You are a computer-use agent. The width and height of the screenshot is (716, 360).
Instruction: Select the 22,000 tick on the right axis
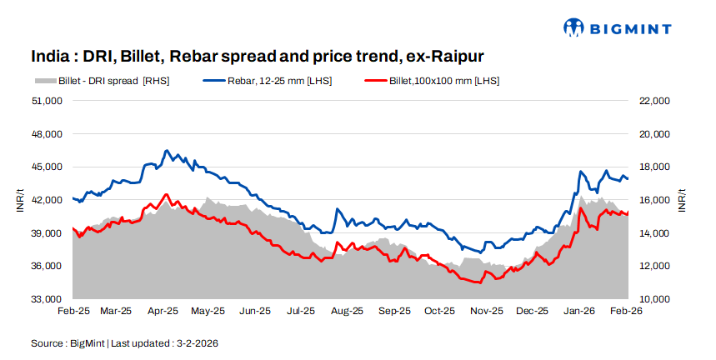pyautogui.click(x=654, y=101)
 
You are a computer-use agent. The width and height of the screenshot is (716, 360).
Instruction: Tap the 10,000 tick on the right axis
pyautogui.click(x=654, y=299)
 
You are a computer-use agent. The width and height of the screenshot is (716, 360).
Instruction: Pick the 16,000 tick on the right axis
pyautogui.click(x=654, y=200)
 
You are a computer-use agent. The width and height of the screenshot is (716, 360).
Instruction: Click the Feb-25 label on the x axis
pyautogui.click(x=73, y=312)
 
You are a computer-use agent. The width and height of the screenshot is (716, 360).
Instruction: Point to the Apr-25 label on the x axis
pyautogui.click(x=163, y=312)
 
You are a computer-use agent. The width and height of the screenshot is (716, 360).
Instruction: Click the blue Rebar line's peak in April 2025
pyautogui.click(x=167, y=151)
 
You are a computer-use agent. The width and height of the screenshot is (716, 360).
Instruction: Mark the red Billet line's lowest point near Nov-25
pyautogui.click(x=478, y=282)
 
